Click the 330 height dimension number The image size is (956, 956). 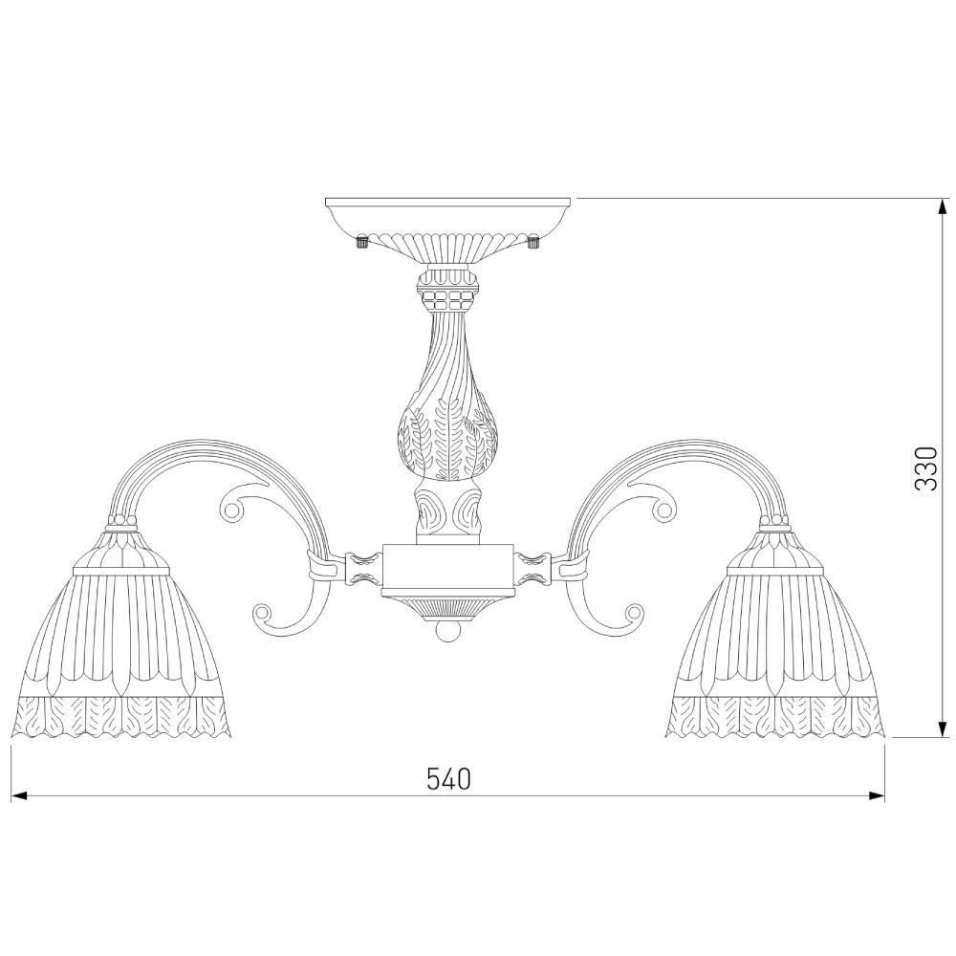[x=926, y=468]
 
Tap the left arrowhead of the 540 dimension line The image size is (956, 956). [x=19, y=795]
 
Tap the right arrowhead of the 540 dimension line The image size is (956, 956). [x=877, y=795]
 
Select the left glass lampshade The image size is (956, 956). [x=122, y=634]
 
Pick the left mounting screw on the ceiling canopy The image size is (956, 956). [x=361, y=241]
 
